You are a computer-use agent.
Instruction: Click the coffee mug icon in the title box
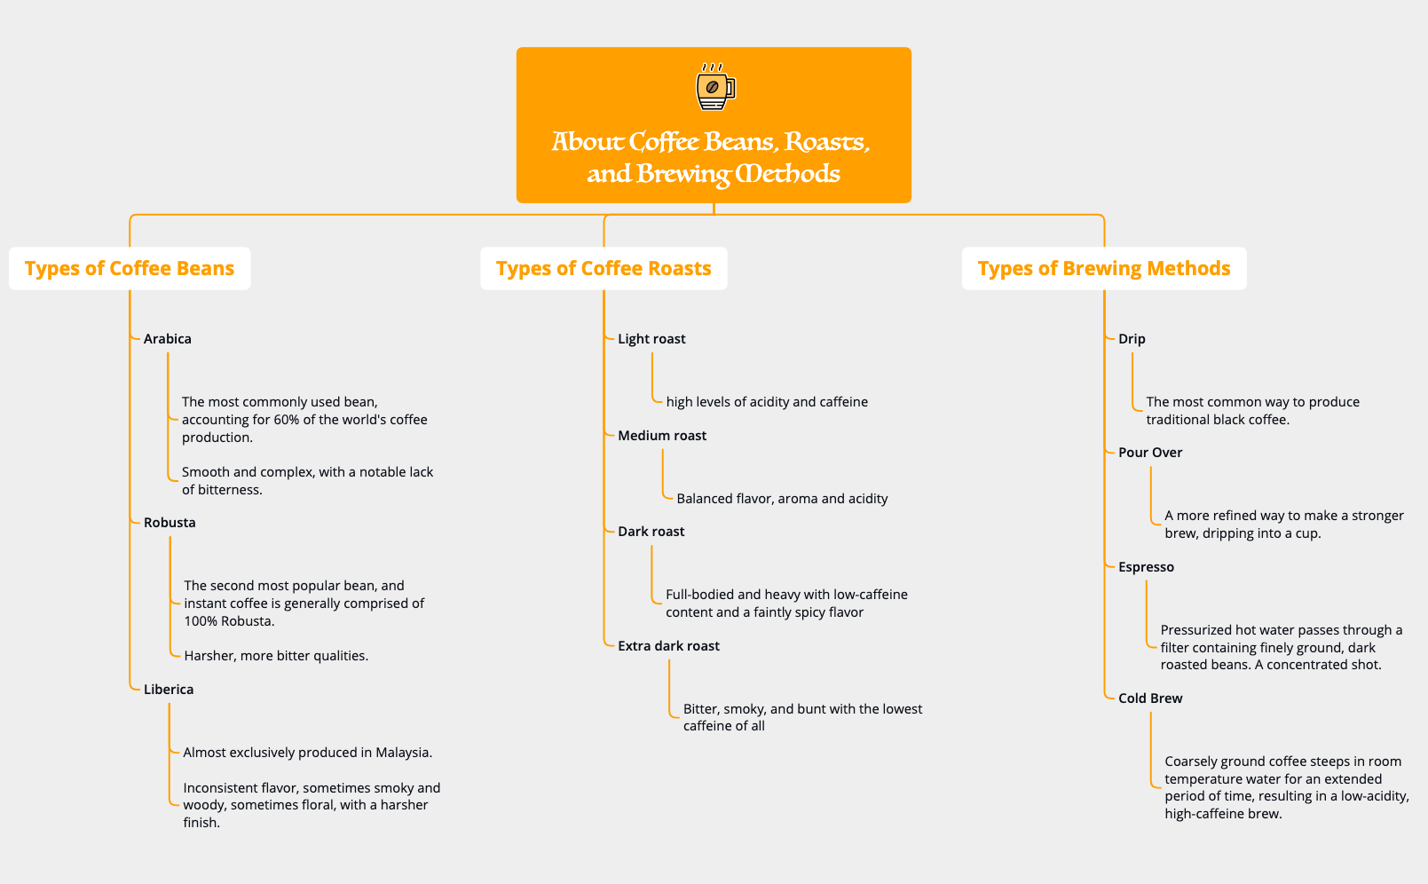714,87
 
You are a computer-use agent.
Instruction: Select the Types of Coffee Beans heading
130,268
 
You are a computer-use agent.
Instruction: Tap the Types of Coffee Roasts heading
604,268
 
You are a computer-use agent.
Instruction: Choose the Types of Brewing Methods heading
1104,268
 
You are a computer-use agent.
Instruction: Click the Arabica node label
168,339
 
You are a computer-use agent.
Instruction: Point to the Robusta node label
170,523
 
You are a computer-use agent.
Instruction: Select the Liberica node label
169,690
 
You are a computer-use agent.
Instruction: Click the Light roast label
651,339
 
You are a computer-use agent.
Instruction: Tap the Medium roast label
662,436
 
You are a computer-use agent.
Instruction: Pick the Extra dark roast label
668,646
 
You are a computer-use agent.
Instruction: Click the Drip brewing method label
1132,339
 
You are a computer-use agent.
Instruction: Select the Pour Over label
1150,453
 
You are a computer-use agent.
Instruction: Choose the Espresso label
1146,567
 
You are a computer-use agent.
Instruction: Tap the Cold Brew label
1150,699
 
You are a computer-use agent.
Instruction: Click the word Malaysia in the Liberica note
403,753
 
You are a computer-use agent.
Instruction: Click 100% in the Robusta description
201,621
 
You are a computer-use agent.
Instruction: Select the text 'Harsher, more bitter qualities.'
276,656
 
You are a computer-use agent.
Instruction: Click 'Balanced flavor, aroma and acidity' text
782,499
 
